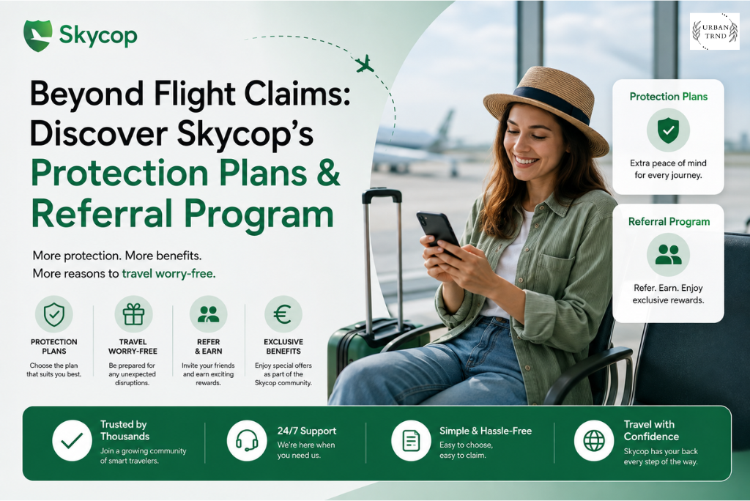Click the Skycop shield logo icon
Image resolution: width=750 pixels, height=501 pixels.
pos(38,35)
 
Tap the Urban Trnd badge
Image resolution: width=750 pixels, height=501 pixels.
pos(715,31)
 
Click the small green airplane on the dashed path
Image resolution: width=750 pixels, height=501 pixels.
pos(365,64)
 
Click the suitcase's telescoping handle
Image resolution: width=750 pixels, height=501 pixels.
pos(382,259)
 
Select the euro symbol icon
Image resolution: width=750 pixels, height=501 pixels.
pos(283,314)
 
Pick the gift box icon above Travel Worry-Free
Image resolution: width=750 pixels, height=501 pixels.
pos(133,314)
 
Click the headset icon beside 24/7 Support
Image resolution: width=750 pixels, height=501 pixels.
pos(247,440)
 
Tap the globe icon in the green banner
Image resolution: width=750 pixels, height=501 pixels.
pos(594,440)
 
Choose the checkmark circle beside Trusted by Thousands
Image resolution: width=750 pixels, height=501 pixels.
pos(73,440)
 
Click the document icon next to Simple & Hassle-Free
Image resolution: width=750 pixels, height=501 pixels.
pos(411,440)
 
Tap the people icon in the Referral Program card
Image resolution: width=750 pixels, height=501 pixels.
pos(668,255)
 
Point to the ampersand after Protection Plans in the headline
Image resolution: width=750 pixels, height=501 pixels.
pos(328,173)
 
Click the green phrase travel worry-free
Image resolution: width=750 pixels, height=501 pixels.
pos(169,274)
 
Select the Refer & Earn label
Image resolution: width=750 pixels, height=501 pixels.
pos(208,346)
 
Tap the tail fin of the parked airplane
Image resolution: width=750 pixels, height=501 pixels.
pos(445,124)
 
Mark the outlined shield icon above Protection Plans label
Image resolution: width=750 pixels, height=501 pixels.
pos(54,314)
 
